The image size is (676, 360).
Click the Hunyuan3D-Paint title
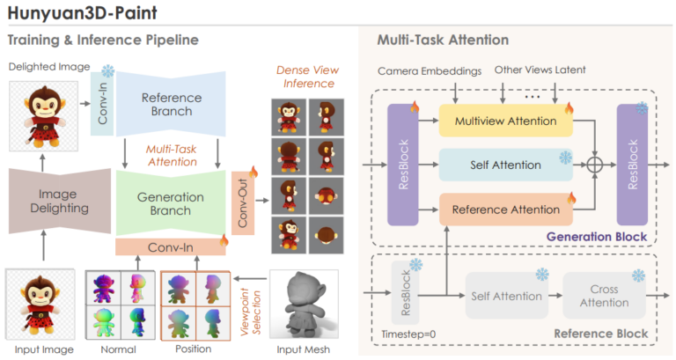tap(83, 13)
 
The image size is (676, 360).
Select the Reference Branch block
tap(171, 104)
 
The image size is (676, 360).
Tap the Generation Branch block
tap(171, 203)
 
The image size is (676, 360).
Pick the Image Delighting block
tap(60, 201)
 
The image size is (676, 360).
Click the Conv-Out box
tap(243, 203)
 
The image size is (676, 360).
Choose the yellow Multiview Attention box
tap(506, 121)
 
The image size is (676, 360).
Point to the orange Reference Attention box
tap(506, 209)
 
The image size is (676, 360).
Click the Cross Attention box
tap(604, 296)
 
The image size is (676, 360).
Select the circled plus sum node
tap(595, 165)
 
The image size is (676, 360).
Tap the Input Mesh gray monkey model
tap(304, 304)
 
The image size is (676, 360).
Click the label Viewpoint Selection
tap(251, 312)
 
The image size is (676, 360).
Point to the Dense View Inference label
tap(308, 77)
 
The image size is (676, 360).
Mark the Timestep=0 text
tap(408, 334)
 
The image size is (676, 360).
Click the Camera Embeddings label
tap(430, 70)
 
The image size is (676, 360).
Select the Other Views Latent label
tap(540, 70)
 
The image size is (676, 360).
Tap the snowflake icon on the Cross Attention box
tap(638, 276)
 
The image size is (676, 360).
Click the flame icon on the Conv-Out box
tap(253, 172)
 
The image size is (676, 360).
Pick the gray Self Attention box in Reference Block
tap(507, 296)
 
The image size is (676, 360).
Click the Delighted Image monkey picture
tap(43, 116)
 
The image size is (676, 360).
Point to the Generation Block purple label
tap(597, 237)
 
